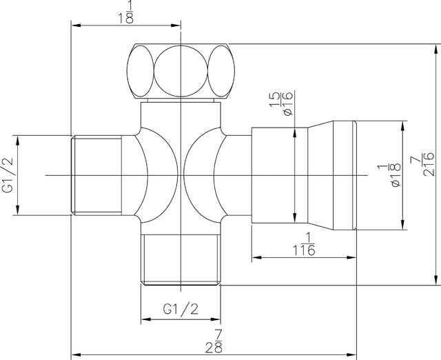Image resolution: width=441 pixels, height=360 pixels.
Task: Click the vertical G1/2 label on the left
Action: coord(8,175)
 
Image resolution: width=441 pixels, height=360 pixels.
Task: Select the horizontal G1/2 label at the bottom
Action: coord(181,308)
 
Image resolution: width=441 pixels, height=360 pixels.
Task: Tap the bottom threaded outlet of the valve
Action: coord(181,258)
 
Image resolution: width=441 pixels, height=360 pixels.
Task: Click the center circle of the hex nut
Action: coord(181,72)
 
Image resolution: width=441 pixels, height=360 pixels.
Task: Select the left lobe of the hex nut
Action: coord(141,72)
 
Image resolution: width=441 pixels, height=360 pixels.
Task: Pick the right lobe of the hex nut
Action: coord(220,72)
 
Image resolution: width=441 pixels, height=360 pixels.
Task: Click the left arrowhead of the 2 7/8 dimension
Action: coord(76,354)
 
